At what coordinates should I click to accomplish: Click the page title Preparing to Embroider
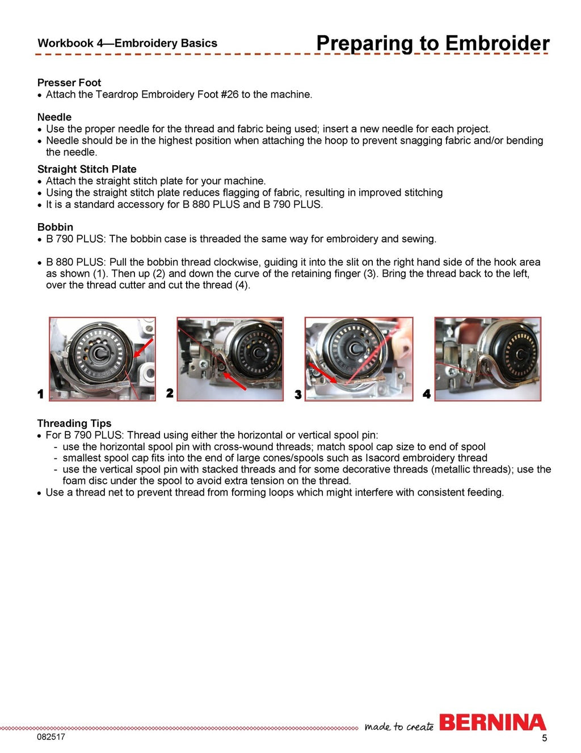pyautogui.click(x=432, y=43)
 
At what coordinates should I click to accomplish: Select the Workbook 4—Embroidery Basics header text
pyautogui.click(x=127, y=43)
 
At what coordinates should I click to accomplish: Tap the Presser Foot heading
pyautogui.click(x=69, y=82)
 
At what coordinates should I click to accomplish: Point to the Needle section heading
pyautogui.click(x=54, y=117)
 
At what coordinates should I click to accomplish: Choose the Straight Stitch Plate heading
pyautogui.click(x=86, y=169)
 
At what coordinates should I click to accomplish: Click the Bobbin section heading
pyautogui.click(x=55, y=227)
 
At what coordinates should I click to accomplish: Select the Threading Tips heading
pyautogui.click(x=74, y=423)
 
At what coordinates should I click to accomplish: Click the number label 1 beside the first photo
pyautogui.click(x=40, y=394)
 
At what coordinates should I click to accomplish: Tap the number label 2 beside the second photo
pyautogui.click(x=170, y=393)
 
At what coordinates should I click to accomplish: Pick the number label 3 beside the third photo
pyautogui.click(x=298, y=394)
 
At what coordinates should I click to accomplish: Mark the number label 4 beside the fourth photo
pyautogui.click(x=427, y=394)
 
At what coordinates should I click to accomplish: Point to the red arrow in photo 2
pyautogui.click(x=234, y=381)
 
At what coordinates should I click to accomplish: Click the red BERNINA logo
pyautogui.click(x=492, y=722)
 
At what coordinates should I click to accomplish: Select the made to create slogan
pyautogui.click(x=399, y=726)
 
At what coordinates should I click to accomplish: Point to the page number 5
pyautogui.click(x=544, y=738)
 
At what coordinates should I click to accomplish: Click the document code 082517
pyautogui.click(x=51, y=737)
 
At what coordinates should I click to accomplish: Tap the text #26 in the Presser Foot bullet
pyautogui.click(x=229, y=94)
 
